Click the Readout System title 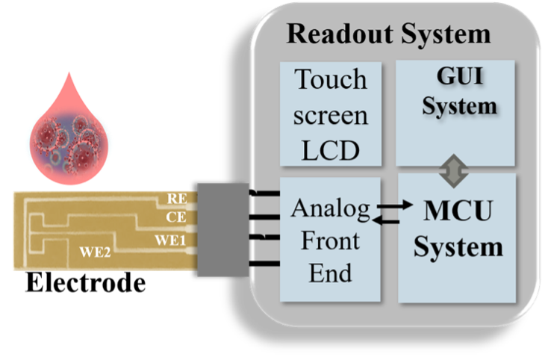click(389, 34)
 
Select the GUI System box click(455, 113)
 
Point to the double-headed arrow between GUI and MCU click(455, 171)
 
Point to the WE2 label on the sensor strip click(95, 252)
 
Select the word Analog click(331, 210)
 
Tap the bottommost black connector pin click(261, 263)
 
